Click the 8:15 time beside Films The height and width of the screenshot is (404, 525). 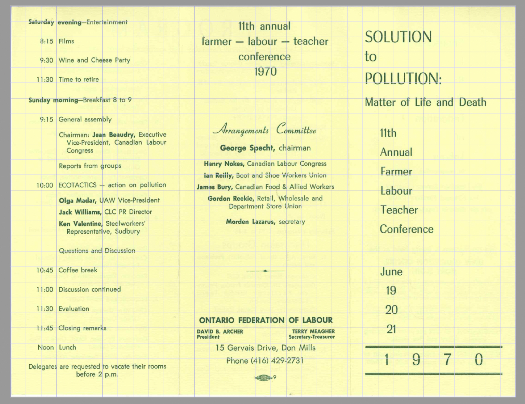click(x=46, y=41)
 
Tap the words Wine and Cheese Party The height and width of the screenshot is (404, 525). click(x=94, y=60)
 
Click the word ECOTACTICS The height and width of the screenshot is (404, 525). click(x=77, y=185)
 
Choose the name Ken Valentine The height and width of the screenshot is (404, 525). click(x=80, y=224)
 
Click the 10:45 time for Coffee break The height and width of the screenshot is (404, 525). click(x=45, y=270)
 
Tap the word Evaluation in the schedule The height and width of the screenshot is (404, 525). click(x=73, y=309)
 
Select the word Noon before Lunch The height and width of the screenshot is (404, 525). click(x=45, y=348)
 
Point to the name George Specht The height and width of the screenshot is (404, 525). click(x=247, y=148)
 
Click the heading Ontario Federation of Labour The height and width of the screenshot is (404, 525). click(x=266, y=320)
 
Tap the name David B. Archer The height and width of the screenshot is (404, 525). click(x=220, y=331)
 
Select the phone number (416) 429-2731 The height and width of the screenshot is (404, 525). click(x=277, y=361)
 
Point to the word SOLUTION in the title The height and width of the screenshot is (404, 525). click(x=398, y=37)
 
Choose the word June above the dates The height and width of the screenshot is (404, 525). click(x=391, y=272)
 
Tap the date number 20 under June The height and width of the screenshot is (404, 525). click(x=391, y=310)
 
